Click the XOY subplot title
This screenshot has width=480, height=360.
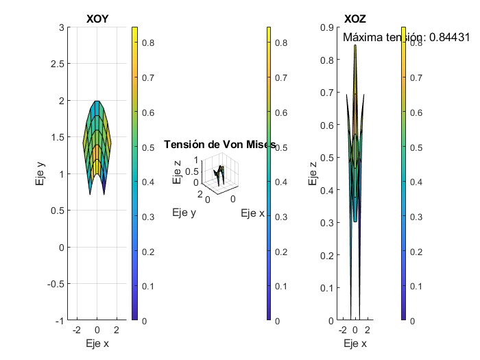(97, 19)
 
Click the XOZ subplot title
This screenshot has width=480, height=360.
(355, 19)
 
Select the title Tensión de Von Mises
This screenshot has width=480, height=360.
(219, 145)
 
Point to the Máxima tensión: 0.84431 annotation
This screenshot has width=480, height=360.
(405, 38)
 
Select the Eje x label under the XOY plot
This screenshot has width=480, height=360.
(97, 344)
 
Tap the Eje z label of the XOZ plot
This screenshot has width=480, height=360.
(313, 174)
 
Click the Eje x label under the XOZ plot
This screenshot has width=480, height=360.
(355, 344)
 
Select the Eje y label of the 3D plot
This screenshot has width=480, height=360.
(184, 213)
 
